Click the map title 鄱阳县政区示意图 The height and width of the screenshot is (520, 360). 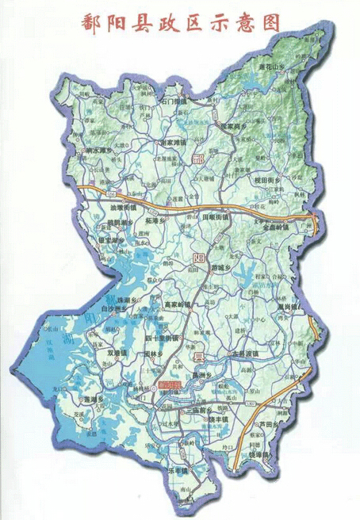coord(181,24)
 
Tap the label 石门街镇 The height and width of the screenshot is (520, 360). coord(173,102)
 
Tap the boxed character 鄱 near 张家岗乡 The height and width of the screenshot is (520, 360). coord(198,161)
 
